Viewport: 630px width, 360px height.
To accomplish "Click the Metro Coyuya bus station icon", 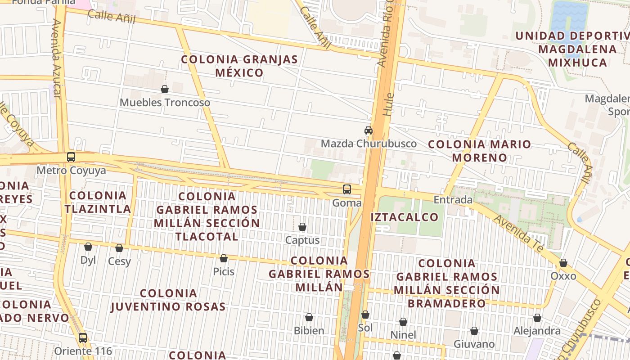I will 71,157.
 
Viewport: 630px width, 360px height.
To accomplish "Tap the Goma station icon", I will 346,189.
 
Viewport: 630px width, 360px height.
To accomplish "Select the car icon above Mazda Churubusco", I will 369,130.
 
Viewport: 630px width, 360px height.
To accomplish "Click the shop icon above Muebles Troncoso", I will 165,89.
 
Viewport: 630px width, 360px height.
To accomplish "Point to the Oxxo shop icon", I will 563,263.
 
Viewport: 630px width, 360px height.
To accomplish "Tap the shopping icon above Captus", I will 302,227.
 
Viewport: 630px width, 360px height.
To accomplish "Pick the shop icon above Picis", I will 224,258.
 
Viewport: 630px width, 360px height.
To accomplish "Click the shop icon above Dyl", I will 88,247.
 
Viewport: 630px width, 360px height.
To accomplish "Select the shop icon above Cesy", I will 119,248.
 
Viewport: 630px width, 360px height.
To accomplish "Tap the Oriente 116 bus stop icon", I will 83,337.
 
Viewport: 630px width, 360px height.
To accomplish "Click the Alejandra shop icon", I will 537,318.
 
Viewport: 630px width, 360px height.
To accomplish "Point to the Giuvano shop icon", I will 474,331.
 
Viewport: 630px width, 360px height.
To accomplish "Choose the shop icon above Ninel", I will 403,322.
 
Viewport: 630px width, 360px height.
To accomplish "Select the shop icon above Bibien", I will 309,317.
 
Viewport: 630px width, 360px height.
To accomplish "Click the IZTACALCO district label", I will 404,217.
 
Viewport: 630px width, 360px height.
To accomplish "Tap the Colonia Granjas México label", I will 239,66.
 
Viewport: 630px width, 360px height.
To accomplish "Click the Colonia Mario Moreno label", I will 479,151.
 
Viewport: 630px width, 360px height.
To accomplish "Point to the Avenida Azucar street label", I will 56,58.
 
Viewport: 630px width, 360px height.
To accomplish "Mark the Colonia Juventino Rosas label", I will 168,300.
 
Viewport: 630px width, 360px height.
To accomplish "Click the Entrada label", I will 453,199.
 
